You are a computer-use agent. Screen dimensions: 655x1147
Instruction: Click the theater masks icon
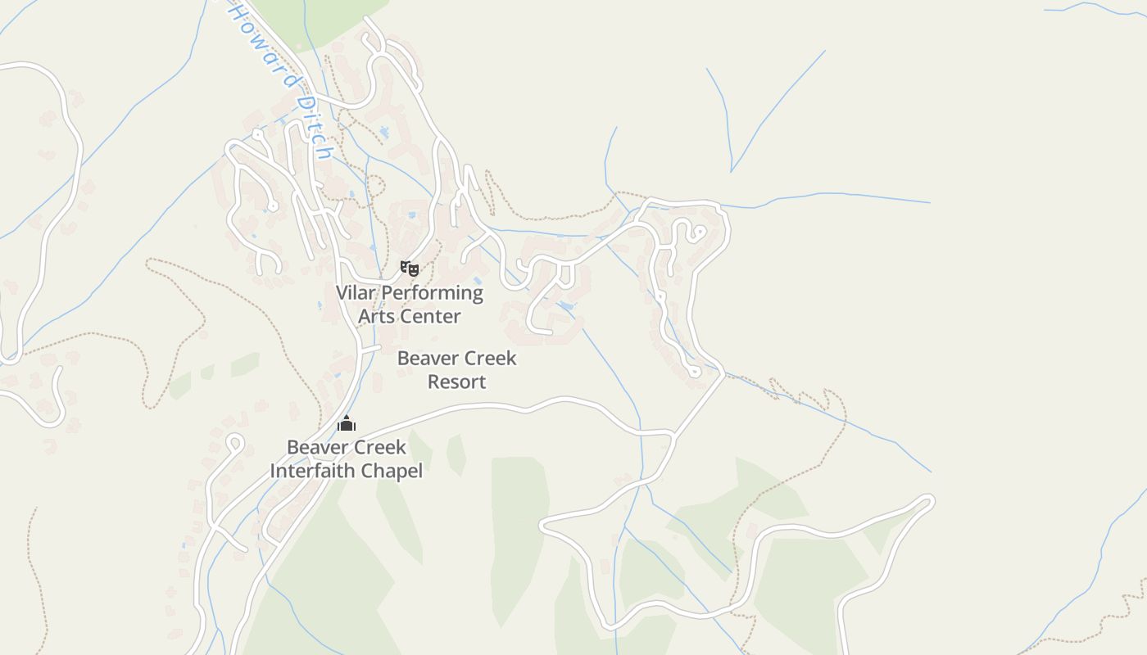410,268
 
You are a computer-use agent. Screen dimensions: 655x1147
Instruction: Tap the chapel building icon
347,423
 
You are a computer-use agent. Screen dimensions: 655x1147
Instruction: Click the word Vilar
355,292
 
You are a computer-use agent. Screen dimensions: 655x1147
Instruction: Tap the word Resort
456,382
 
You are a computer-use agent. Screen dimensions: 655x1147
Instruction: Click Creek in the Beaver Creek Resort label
490,358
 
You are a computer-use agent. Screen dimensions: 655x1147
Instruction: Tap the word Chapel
397,471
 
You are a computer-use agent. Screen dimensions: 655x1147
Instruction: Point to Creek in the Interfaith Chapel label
379,447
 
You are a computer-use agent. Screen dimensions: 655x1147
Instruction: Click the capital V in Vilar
342,292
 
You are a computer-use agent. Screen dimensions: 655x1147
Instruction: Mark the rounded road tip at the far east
928,500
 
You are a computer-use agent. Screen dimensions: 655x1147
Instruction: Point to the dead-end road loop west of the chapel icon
235,442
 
